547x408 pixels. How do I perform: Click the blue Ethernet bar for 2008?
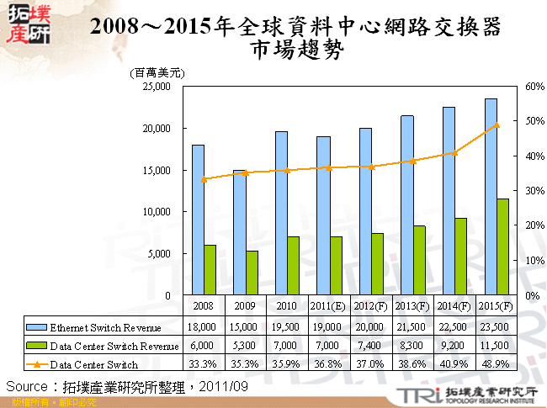pos(198,220)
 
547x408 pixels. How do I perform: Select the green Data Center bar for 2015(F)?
pos(502,247)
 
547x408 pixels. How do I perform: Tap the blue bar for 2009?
pos(239,233)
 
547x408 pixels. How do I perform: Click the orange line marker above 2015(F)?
pos(497,125)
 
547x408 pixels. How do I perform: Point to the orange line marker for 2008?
pos(204,179)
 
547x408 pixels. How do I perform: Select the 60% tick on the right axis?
pos(535,87)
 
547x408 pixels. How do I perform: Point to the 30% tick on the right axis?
pos(535,191)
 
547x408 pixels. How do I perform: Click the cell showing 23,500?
pos(496,326)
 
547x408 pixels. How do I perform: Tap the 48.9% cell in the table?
pos(496,365)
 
